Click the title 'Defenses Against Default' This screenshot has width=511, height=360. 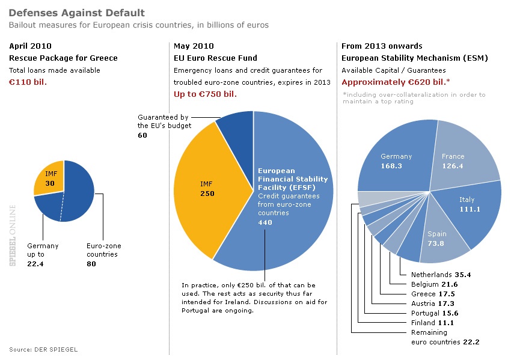[77, 13]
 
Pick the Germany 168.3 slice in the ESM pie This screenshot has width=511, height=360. [396, 160]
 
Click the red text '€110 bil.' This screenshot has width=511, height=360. [28, 82]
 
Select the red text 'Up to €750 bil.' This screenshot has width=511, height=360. [205, 94]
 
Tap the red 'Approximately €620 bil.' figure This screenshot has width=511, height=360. [397, 82]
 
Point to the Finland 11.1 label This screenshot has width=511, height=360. [432, 323]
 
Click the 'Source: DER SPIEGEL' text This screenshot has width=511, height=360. [43, 349]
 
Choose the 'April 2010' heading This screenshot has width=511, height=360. [31, 46]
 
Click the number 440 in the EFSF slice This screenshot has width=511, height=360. [265, 222]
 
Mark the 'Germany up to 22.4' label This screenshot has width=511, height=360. [43, 254]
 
